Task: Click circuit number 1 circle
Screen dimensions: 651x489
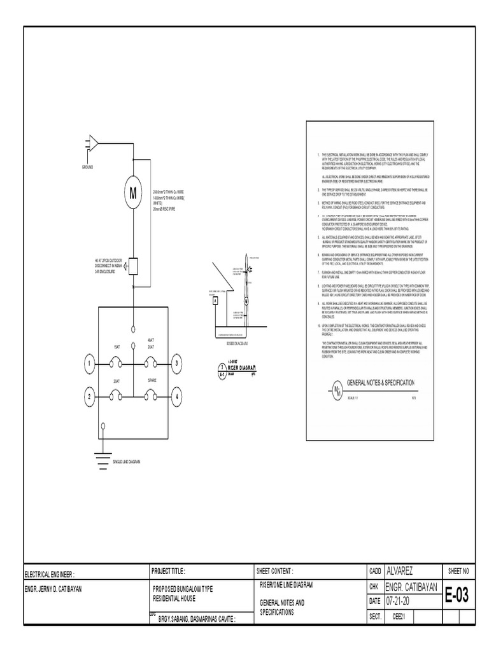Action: (x=90, y=363)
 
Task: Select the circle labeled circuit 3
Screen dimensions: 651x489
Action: (x=176, y=363)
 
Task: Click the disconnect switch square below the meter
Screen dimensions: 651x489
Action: (x=134, y=264)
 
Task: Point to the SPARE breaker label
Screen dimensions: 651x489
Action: (x=152, y=380)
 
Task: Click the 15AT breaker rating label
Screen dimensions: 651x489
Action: (x=117, y=347)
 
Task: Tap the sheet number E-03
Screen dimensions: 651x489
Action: (x=457, y=595)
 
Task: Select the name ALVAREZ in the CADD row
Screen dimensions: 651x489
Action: (x=405, y=572)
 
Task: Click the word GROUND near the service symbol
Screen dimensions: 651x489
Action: (x=87, y=167)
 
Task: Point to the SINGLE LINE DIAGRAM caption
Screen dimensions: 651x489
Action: (x=126, y=462)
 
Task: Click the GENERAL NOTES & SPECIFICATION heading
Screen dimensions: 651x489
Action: (x=380, y=383)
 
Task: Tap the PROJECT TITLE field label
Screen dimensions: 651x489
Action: (x=168, y=572)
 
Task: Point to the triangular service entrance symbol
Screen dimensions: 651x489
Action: (x=93, y=144)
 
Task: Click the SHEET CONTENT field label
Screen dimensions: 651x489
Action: (x=274, y=572)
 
